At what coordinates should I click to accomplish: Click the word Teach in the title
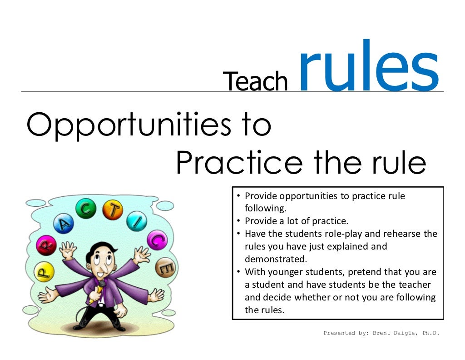coord(256,81)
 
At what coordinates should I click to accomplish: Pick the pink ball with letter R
coord(46,246)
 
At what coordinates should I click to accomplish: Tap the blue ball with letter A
coord(64,223)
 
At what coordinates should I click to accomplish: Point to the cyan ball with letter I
coord(136,221)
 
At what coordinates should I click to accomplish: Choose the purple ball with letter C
coord(157,240)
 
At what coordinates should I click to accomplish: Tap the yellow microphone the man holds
coord(97,294)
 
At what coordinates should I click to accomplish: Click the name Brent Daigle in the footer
coord(394,333)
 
